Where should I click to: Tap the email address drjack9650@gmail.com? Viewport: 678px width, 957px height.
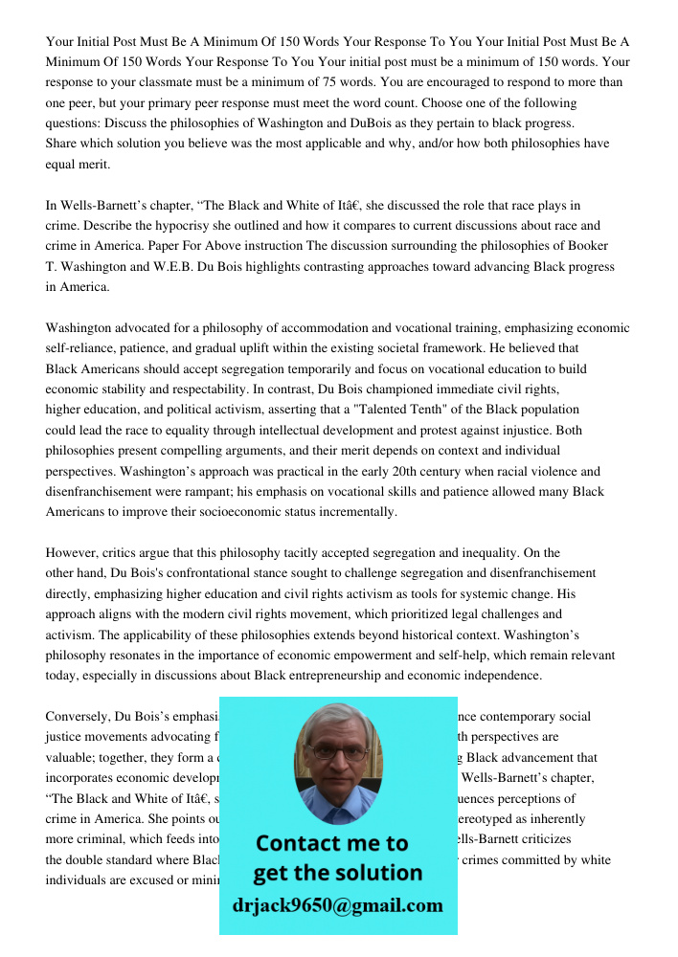coord(337,905)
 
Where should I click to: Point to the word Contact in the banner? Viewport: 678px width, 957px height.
coord(305,843)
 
